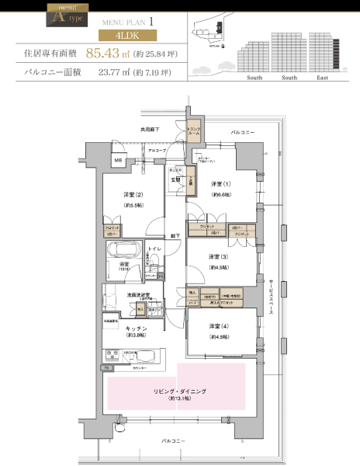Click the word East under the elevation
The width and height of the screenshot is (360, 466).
pos(322,78)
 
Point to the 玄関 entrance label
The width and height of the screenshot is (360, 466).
pos(177,179)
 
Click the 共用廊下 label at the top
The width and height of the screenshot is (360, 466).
pos(150,130)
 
